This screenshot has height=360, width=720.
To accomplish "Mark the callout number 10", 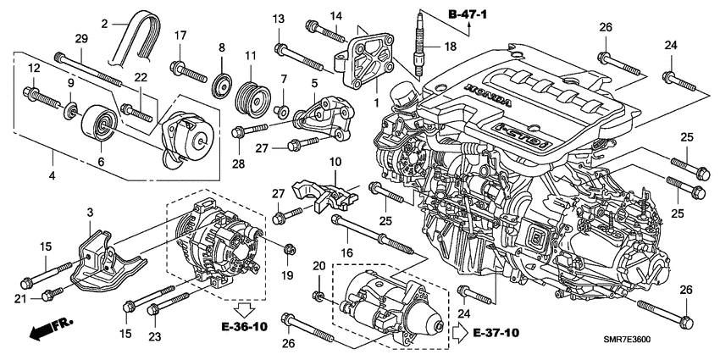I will pyautogui.click(x=335, y=162).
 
